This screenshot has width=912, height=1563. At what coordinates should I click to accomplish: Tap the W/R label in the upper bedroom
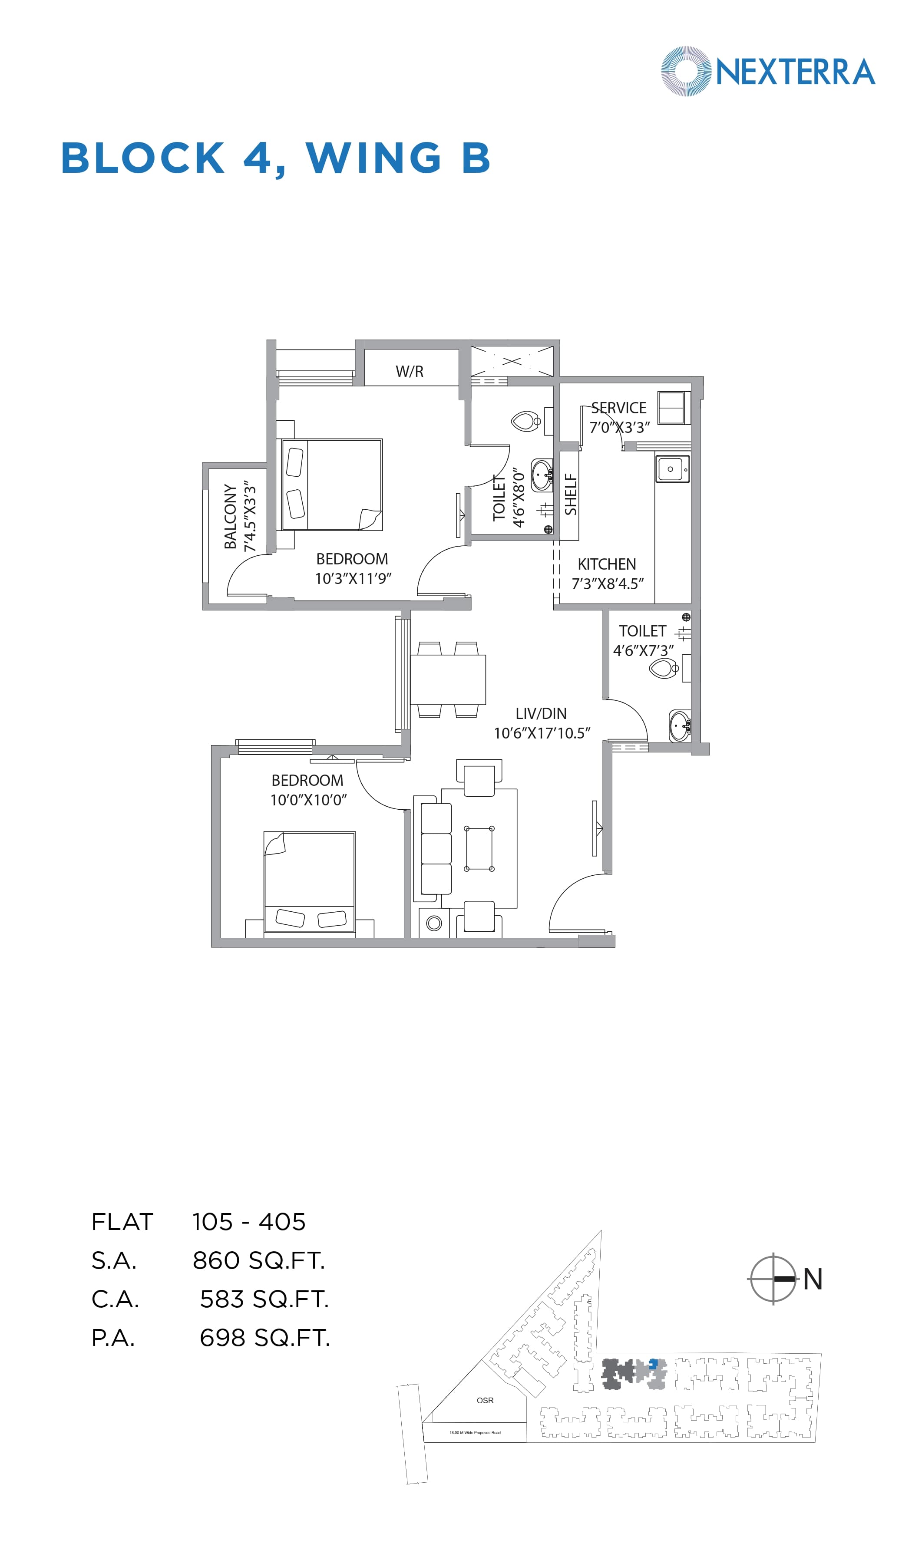point(410,372)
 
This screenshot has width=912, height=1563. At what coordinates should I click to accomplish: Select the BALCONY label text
point(231,516)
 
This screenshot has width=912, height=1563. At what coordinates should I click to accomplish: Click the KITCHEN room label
point(607,564)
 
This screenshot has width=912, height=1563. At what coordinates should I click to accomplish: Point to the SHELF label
point(571,495)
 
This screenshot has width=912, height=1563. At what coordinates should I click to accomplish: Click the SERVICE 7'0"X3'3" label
point(618,417)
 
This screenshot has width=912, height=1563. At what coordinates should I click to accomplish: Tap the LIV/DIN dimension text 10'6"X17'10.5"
point(542,733)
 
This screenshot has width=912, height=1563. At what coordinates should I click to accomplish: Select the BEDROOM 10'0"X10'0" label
point(308,790)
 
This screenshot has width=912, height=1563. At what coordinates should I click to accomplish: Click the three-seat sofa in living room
point(436,849)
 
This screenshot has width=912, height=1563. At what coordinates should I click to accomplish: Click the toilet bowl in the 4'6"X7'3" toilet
point(663,669)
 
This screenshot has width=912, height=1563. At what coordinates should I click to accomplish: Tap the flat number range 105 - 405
point(249,1222)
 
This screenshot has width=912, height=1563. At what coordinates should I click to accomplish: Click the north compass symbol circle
point(773,1279)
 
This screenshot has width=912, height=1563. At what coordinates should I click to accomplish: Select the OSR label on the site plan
point(485,1401)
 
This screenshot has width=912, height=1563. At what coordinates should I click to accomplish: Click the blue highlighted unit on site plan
point(653,1363)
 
